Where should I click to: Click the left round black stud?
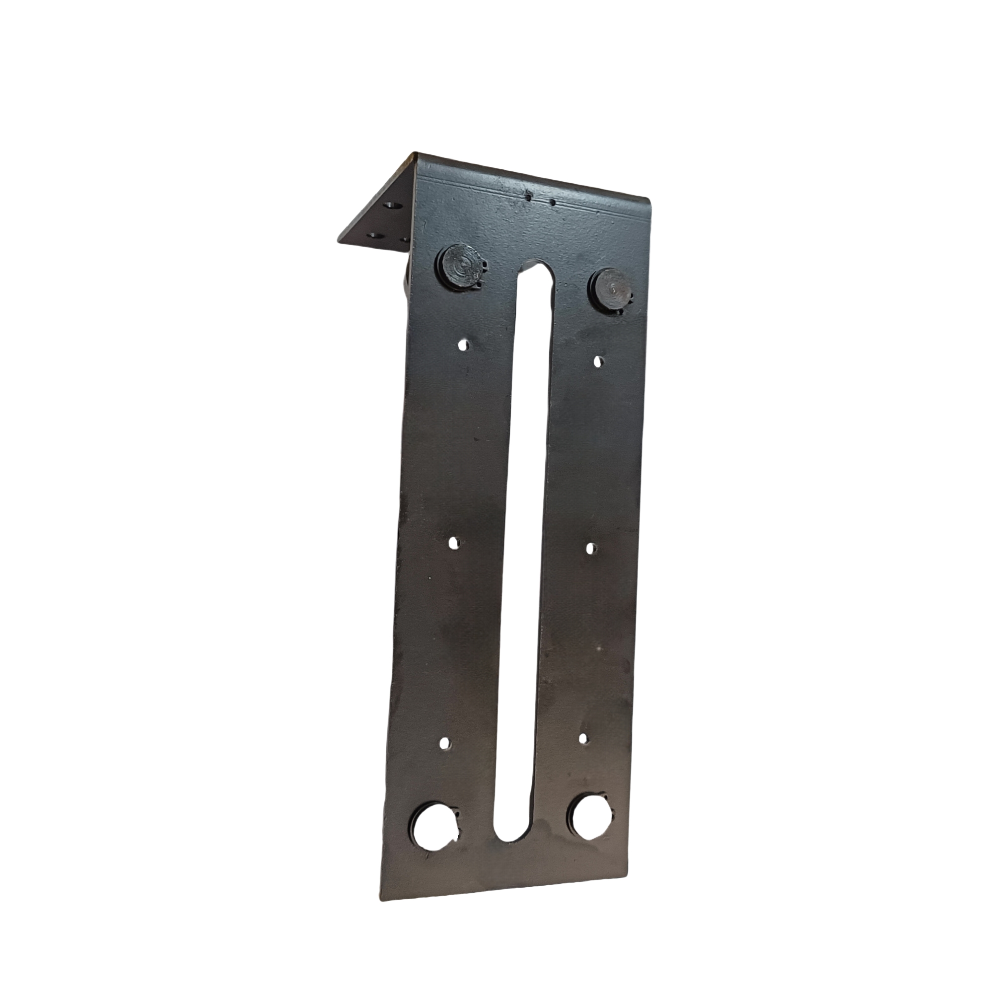tap(461, 269)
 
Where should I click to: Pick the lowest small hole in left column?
tap(445, 744)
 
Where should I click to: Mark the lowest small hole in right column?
tap(583, 739)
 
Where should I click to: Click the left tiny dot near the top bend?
tap(529, 196)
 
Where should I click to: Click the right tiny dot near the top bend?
tap(553, 202)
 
